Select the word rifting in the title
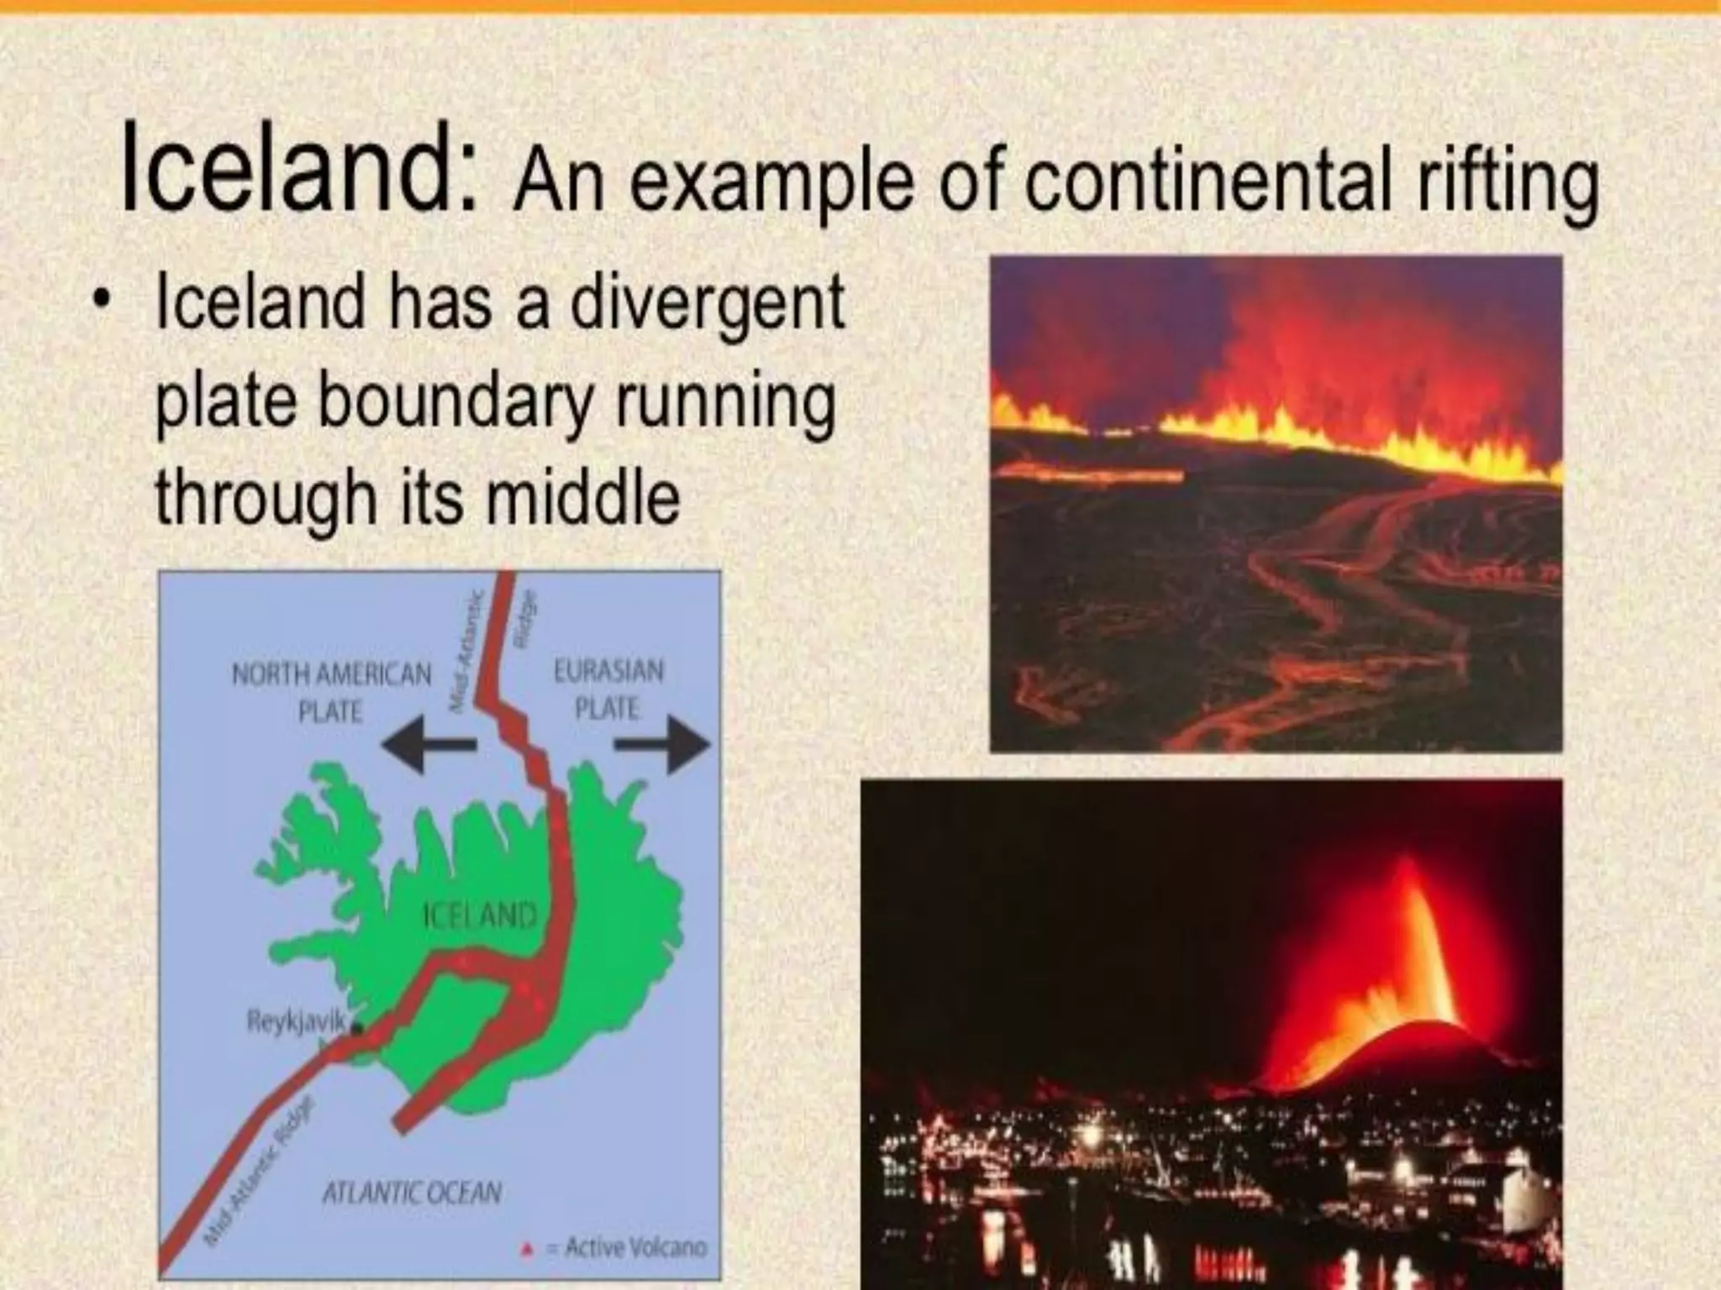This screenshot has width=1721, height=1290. coord(1508,184)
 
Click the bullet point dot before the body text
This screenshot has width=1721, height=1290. coord(103,302)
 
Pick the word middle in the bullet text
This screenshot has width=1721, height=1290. coord(583,496)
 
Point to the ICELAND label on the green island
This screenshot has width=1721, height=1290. coord(478,915)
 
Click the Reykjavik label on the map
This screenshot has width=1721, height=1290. coord(296,1021)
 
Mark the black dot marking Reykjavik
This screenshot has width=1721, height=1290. coord(356,1027)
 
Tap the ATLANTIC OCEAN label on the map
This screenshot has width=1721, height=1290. coord(412,1193)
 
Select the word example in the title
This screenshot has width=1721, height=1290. coord(771,182)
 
